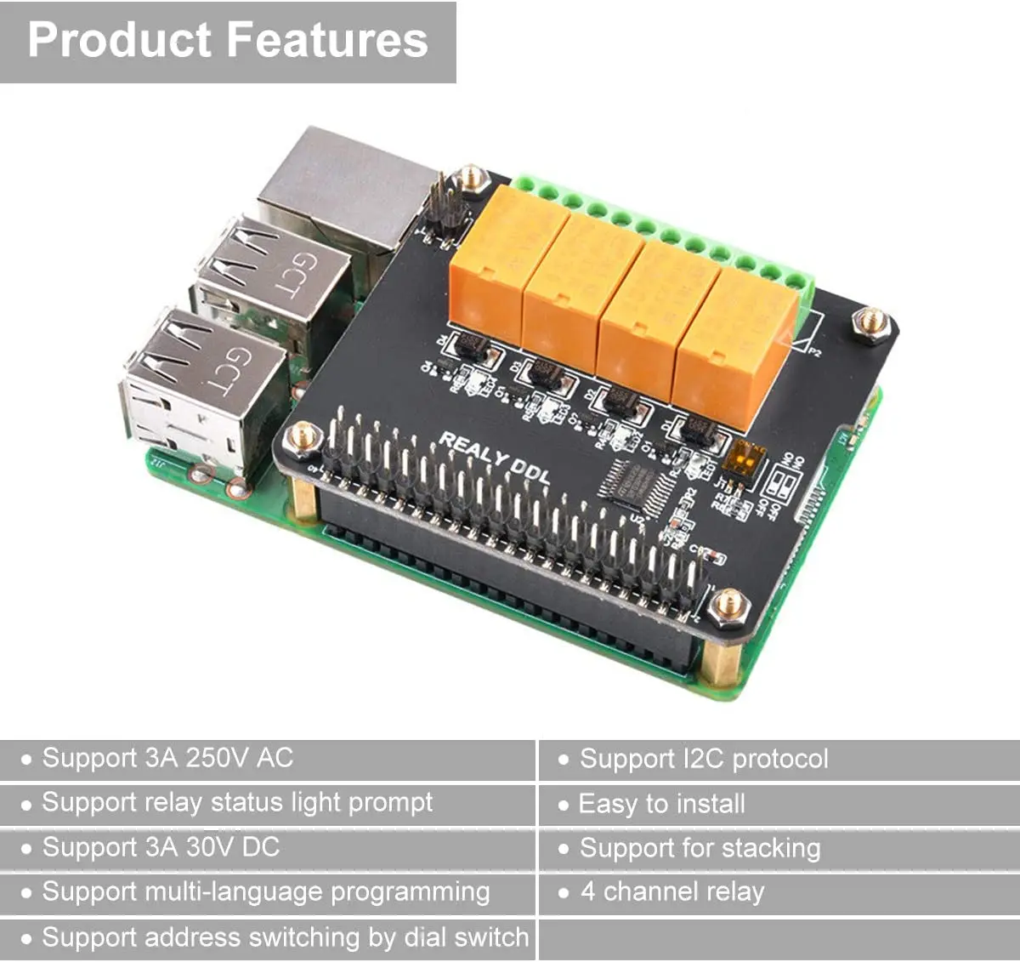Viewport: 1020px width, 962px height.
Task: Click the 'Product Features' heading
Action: click(x=228, y=40)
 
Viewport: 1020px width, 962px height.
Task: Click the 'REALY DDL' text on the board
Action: click(x=494, y=457)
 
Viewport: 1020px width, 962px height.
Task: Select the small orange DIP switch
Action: click(x=742, y=461)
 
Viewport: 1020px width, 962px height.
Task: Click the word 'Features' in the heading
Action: click(x=327, y=40)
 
